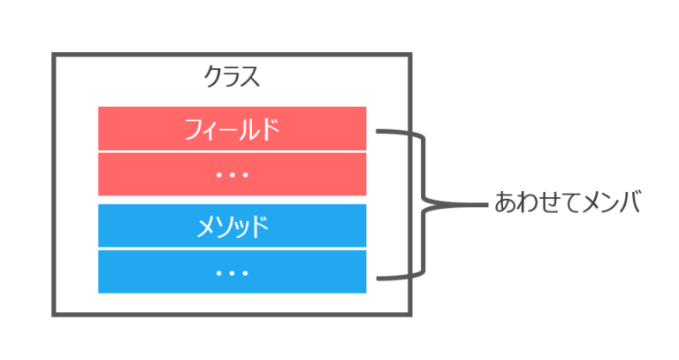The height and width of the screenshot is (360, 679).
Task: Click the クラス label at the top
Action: [232, 77]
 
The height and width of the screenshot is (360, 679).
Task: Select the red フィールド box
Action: [232, 129]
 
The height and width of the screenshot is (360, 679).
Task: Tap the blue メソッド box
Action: [232, 227]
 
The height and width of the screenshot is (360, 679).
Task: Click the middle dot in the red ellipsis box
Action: [232, 174]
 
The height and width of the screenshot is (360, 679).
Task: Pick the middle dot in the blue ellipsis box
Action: [232, 272]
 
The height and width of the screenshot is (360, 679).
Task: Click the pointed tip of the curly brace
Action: [484, 203]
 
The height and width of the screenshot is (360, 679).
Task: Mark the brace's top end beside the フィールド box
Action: [378, 132]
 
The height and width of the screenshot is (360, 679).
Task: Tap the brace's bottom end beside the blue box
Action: [378, 279]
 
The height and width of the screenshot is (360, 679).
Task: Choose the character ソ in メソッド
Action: [222, 227]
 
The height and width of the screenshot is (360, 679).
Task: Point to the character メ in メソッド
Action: [203, 227]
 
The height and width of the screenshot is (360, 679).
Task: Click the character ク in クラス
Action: [213, 77]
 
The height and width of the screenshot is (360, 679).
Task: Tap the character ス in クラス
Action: [250, 77]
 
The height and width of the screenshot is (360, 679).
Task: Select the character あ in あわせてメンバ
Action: [505, 203]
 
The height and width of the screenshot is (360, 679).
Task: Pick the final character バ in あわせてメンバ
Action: [627, 203]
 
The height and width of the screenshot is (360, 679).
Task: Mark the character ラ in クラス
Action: [232, 77]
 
